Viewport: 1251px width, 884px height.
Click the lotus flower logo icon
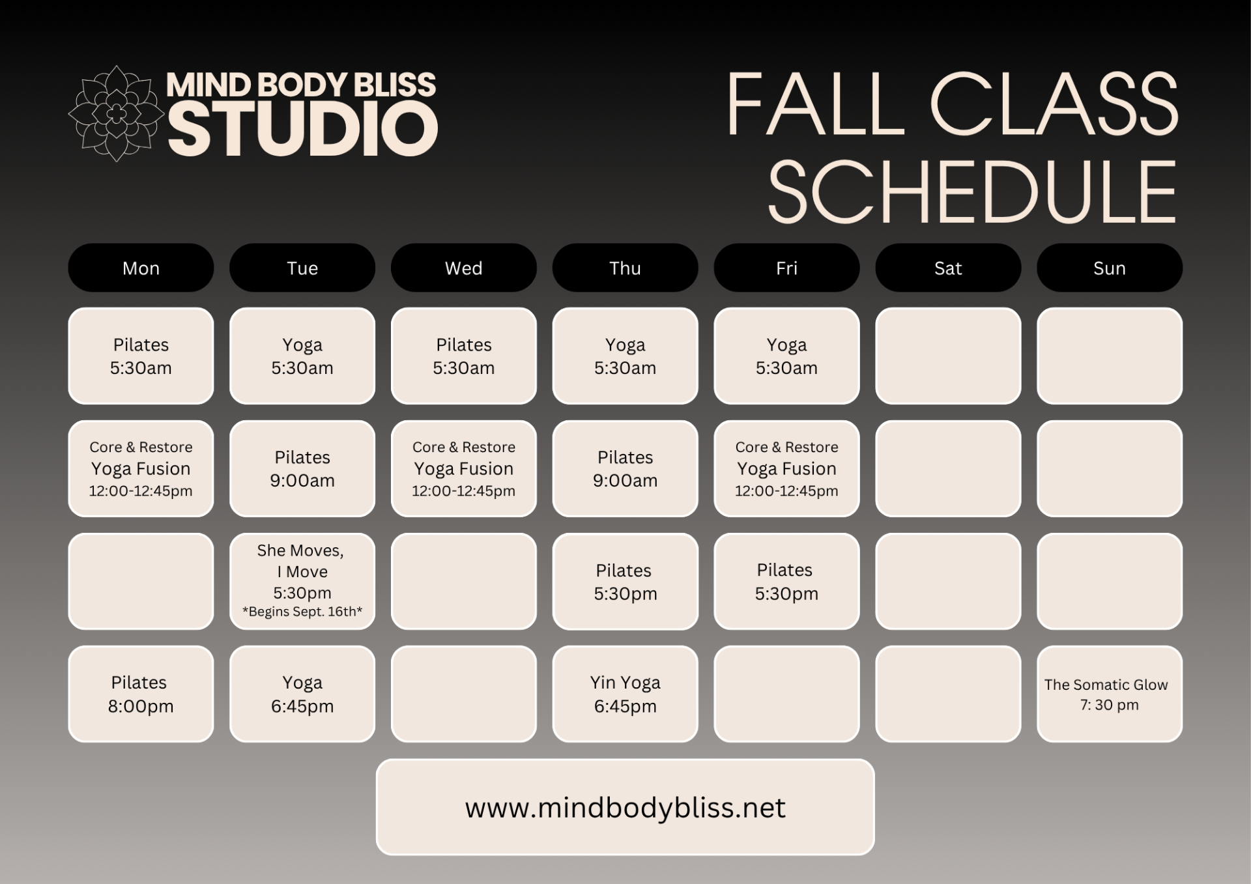tap(116, 113)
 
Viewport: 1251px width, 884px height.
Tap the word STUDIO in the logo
tap(303, 130)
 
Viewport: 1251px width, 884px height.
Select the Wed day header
tap(464, 268)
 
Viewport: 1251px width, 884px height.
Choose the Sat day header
tap(948, 268)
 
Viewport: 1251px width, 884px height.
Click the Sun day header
tap(1110, 268)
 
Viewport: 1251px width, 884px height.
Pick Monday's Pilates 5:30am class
tap(141, 356)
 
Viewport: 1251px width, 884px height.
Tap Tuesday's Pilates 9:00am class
tap(302, 468)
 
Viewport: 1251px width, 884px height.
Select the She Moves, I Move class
tap(302, 581)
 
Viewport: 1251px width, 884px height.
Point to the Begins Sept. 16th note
tap(302, 612)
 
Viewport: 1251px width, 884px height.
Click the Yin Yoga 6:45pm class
tap(625, 694)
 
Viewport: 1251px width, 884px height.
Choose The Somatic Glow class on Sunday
tap(1110, 694)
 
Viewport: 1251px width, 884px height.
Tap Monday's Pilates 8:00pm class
tap(141, 694)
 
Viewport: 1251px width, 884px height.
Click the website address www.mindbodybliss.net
tap(625, 808)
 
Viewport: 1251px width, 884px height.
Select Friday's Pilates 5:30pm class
tap(786, 581)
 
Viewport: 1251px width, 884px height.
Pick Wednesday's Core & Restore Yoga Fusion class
tap(464, 468)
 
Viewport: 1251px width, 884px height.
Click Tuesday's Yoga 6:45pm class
tap(302, 694)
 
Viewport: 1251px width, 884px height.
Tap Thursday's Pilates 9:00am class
tap(625, 468)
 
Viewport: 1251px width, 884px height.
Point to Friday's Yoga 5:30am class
tap(786, 356)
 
